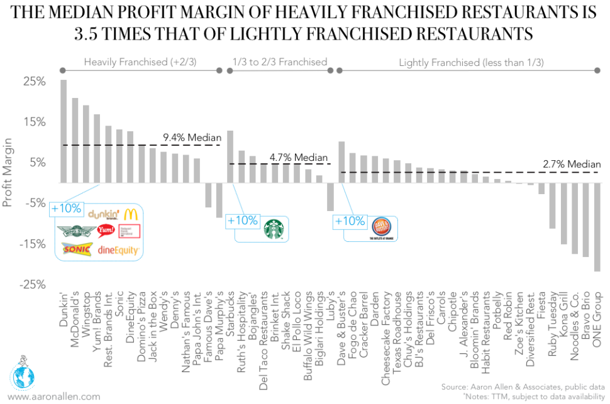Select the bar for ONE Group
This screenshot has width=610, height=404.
tap(597, 227)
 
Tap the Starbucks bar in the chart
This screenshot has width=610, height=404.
tap(230, 157)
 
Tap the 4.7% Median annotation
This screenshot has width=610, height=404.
tap(299, 157)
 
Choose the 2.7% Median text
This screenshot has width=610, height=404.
tap(571, 164)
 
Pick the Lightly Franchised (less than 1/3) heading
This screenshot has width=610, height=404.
tap(472, 62)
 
